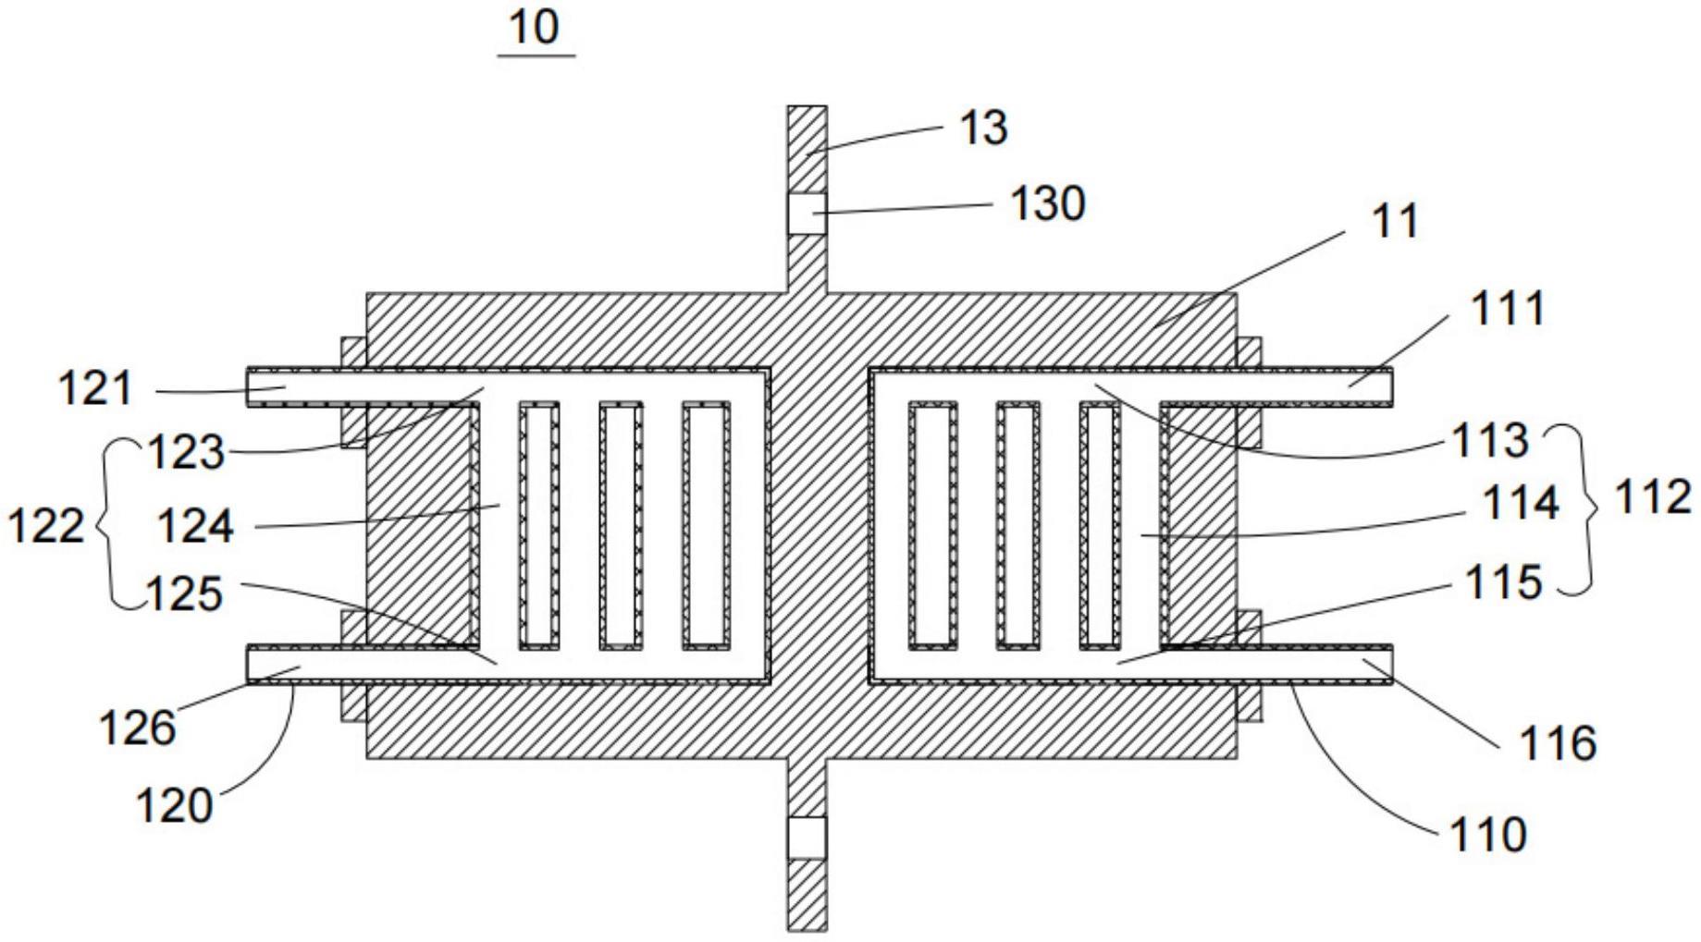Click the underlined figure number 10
click(535, 28)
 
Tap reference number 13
click(983, 128)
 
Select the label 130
click(1047, 203)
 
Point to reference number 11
click(1396, 222)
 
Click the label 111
click(1507, 309)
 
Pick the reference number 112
click(1652, 498)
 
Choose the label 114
click(1521, 505)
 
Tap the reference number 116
click(1559, 743)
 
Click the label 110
click(1486, 836)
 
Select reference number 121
click(95, 389)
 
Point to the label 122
click(45, 527)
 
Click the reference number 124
click(195, 528)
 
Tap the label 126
click(136, 728)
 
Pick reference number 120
click(174, 806)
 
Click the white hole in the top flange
click(807, 214)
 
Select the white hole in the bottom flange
click(807, 838)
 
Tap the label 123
click(187, 453)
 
